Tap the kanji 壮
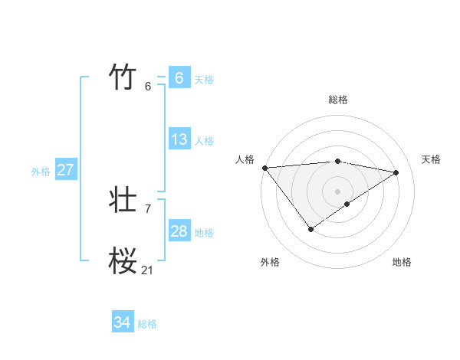(123, 201)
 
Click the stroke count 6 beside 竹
(148, 86)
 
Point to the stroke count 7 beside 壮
(148, 208)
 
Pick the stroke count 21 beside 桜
(147, 270)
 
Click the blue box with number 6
(179, 78)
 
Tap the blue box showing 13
(179, 139)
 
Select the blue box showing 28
(179, 231)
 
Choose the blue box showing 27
(65, 170)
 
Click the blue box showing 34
(122, 322)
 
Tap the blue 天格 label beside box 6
(204, 80)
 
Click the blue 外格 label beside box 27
(41, 172)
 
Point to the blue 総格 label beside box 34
(147, 324)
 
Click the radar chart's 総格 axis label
(338, 100)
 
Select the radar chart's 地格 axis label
(402, 263)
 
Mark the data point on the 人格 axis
(264, 168)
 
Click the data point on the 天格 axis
(396, 172)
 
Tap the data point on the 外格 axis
(310, 228)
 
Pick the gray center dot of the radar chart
(337, 191)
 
